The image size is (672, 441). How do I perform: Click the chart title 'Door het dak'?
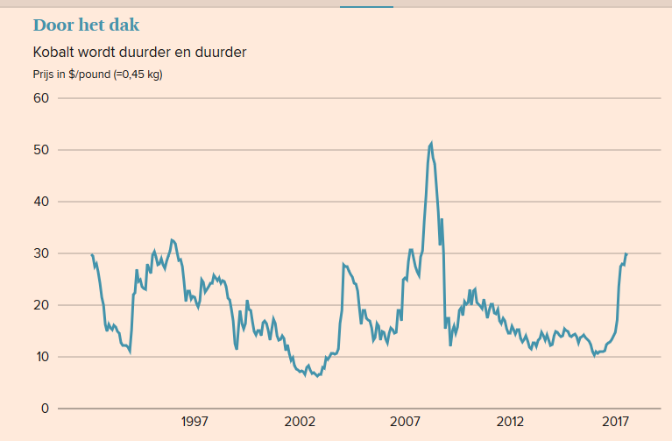[x=86, y=25]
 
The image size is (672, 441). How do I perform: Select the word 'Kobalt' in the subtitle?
[x=53, y=53]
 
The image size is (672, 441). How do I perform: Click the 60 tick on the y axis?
[x=40, y=97]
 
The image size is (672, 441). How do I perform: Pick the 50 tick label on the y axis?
[x=40, y=150]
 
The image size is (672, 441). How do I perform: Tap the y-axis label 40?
[x=40, y=202]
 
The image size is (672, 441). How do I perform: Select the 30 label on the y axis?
[x=40, y=253]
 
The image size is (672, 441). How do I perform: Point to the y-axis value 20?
[x=40, y=305]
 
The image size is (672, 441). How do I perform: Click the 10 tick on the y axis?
[x=40, y=357]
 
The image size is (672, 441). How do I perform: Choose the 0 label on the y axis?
[x=44, y=409]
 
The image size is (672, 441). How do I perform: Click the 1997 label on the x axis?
[x=195, y=423]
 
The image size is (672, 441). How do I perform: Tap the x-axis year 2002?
[x=300, y=423]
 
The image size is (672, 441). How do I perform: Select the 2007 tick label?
[x=405, y=423]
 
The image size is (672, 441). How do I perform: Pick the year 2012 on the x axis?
[x=510, y=423]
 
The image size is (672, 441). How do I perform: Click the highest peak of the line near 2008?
[x=431, y=143]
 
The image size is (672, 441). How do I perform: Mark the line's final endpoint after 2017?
[x=626, y=254]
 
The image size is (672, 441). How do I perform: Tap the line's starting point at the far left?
[x=92, y=254]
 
